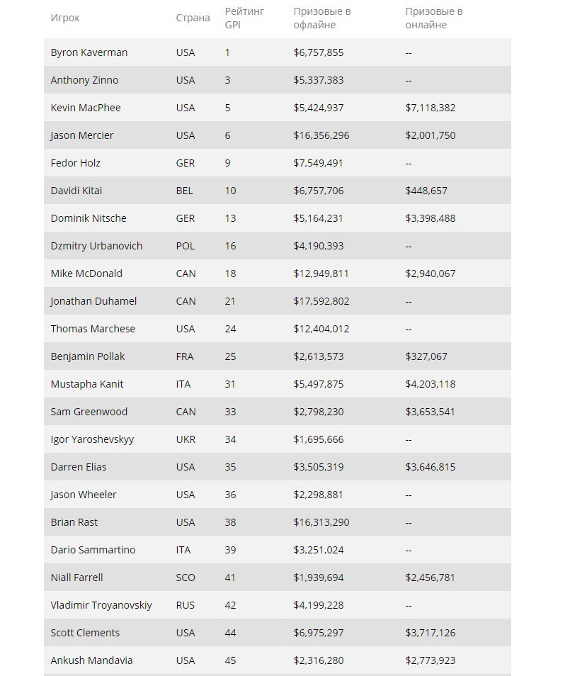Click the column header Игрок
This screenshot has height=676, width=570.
coord(64,18)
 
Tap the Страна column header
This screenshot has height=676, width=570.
coord(193,18)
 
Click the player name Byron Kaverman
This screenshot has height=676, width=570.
coord(89,52)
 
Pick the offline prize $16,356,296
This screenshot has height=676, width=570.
coord(321,135)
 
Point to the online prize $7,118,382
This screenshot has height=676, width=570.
coord(431,108)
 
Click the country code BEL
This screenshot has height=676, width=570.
coord(185,191)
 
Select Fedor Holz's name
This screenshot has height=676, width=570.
coord(76,163)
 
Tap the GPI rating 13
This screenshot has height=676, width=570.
coord(231,218)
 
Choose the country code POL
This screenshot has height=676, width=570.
coord(186,246)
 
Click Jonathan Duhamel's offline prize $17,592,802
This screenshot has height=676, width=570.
coord(321,301)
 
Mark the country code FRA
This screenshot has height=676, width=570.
coord(185,356)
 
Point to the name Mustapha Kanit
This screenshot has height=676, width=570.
coord(87,384)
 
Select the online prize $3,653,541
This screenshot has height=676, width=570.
coord(431,412)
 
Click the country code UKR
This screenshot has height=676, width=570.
coord(186,439)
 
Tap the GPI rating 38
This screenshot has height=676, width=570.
coord(231,522)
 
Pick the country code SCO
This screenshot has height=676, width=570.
coord(186,578)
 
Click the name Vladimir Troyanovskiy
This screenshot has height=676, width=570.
coord(101,605)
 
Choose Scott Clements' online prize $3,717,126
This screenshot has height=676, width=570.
coord(431,633)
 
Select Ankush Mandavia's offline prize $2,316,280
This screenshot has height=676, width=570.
coord(319,660)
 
